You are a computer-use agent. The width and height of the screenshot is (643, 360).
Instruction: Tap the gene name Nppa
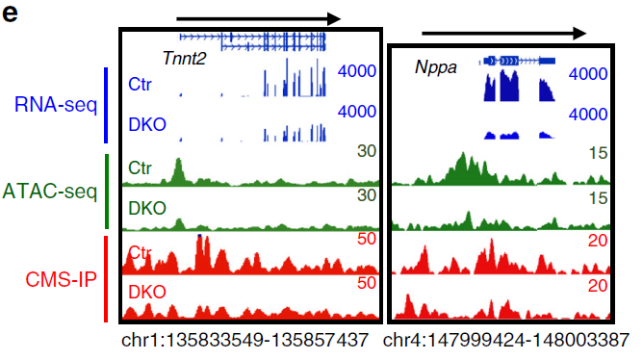(436, 68)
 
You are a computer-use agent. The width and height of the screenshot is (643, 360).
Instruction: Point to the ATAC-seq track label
(50, 191)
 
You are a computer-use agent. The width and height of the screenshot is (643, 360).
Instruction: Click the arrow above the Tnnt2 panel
(259, 17)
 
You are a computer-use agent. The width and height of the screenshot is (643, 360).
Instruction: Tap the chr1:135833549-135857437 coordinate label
(245, 342)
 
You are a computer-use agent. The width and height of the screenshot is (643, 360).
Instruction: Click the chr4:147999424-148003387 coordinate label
(506, 342)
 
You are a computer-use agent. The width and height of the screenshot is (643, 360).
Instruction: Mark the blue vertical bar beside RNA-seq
(105, 104)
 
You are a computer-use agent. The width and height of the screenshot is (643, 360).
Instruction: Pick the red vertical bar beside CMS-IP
(105, 278)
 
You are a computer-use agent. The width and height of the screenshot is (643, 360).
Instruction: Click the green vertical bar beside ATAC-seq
(105, 191)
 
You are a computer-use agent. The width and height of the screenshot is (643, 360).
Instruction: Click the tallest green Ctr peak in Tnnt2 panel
(177, 173)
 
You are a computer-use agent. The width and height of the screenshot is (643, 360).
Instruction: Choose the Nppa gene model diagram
(517, 60)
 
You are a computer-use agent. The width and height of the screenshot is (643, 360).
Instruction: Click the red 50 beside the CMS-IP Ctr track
(365, 240)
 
